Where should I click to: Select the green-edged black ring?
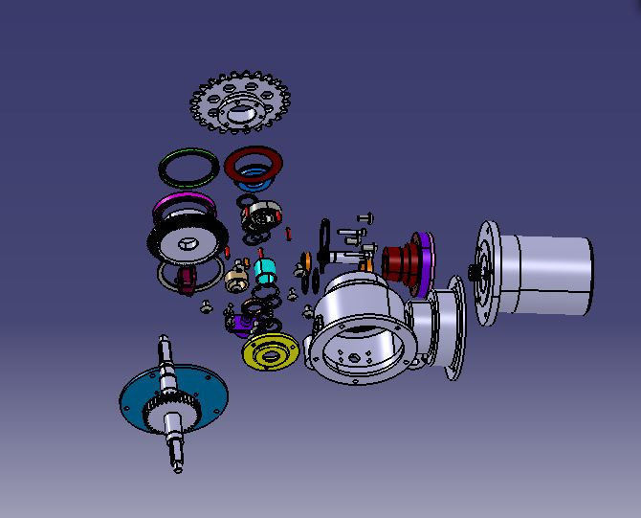(x=188, y=168)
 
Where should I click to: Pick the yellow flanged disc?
(x=269, y=352)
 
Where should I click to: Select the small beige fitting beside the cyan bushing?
(x=236, y=281)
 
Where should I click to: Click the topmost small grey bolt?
(x=365, y=219)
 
